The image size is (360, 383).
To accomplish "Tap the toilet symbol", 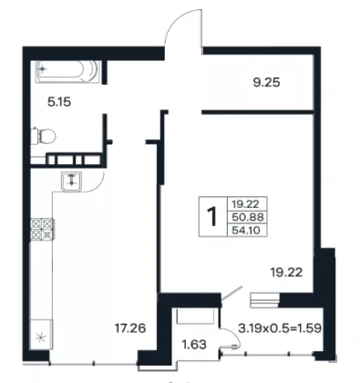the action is [x=44, y=136].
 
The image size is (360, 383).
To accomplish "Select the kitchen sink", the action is [x=72, y=181].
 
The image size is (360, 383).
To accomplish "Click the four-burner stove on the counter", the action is [x=42, y=229].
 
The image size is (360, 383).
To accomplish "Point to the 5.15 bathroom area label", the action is [x=59, y=102].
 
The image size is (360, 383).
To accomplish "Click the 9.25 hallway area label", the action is [x=266, y=82].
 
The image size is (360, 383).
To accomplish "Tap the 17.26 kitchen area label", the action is [x=130, y=328].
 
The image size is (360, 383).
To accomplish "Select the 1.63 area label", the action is [x=194, y=345].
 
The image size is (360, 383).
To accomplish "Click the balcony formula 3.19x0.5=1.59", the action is [x=280, y=328].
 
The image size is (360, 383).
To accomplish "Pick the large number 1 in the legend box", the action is [x=213, y=216].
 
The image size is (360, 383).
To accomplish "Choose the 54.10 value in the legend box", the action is [x=246, y=230].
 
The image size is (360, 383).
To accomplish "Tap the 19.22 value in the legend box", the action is [x=245, y=204].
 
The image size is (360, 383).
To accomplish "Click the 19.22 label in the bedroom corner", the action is [x=286, y=273].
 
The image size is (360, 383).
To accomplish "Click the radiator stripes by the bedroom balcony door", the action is [x=264, y=300].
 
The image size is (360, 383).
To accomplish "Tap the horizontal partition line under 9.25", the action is [x=257, y=112].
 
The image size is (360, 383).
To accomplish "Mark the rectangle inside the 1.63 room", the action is [x=194, y=316].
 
